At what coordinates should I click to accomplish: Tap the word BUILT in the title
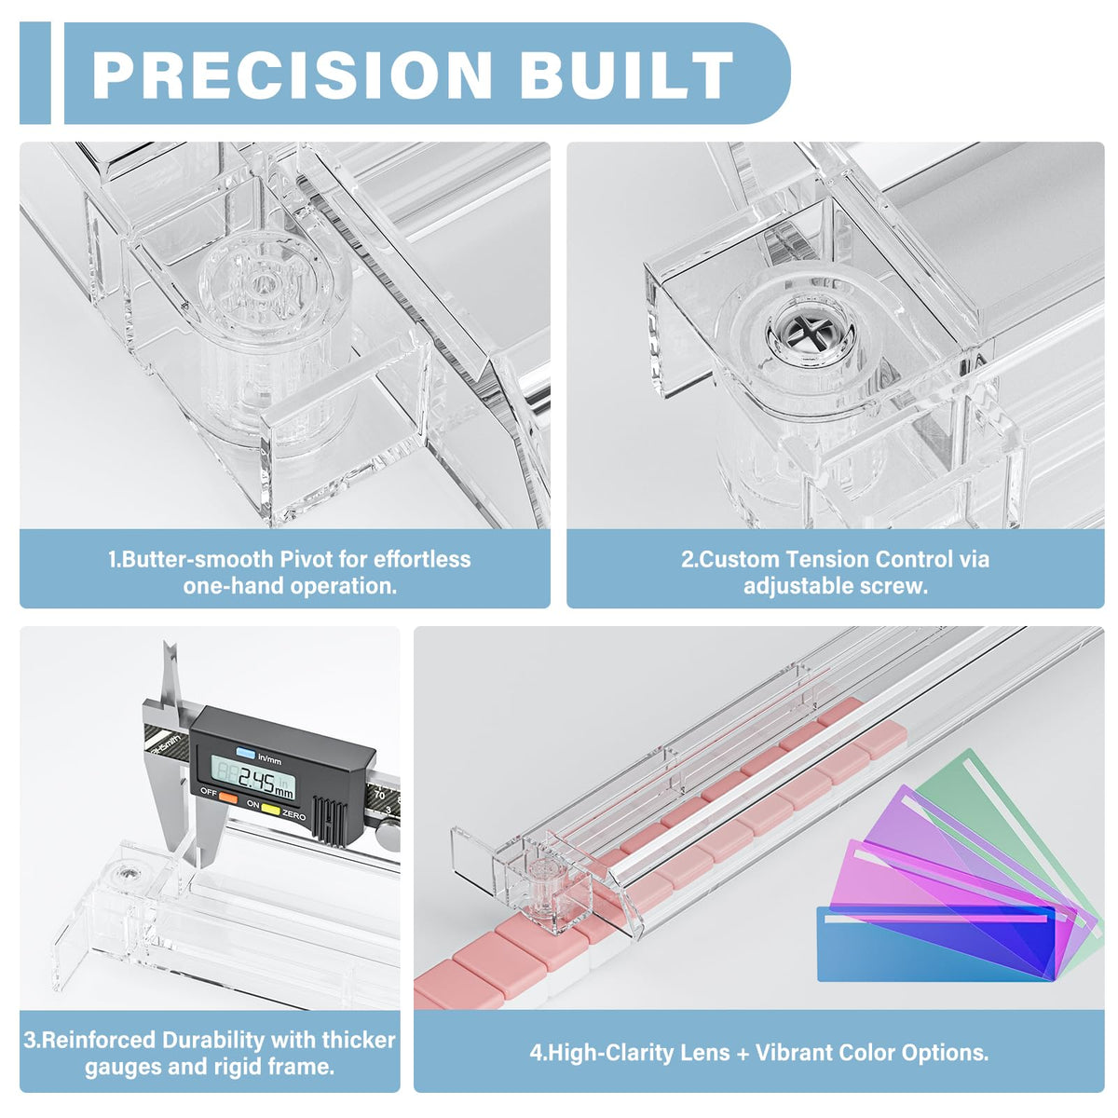click(x=626, y=75)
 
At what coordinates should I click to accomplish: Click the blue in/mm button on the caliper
click(x=245, y=753)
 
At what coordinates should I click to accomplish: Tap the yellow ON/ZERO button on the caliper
click(x=271, y=808)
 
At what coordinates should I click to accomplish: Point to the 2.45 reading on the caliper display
click(x=256, y=781)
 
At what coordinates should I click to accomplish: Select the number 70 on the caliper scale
click(x=379, y=795)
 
